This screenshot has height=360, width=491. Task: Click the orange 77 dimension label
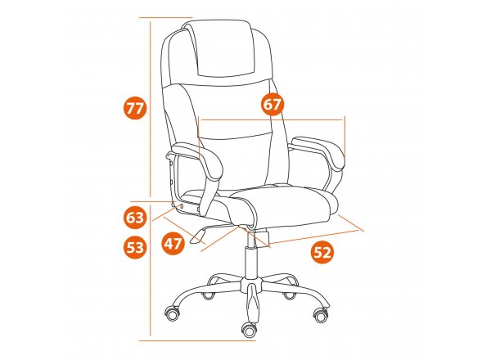[135, 109]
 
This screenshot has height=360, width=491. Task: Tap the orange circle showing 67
[272, 104]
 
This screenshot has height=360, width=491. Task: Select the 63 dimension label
[135, 218]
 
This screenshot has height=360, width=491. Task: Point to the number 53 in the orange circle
[135, 247]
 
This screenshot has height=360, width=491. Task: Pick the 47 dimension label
[173, 243]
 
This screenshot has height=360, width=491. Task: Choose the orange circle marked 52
[322, 252]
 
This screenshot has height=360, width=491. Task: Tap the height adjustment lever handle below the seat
[197, 236]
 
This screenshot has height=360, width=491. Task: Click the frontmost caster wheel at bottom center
[250, 330]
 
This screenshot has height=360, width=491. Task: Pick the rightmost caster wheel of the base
[321, 315]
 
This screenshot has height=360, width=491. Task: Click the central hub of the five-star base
[250, 283]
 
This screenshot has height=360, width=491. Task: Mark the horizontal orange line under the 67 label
[271, 119]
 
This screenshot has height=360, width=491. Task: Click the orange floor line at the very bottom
[197, 340]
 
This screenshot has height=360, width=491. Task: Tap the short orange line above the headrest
[165, 17]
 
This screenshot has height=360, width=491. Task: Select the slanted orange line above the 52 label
[313, 237]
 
